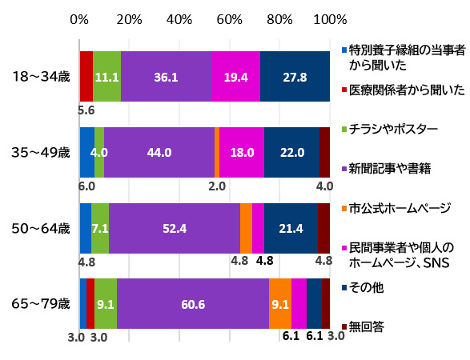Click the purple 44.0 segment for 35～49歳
click(159, 151)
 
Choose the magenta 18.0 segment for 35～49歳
click(242, 151)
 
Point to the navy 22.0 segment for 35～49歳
click(291, 151)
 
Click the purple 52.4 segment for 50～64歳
click(174, 228)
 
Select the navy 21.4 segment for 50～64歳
click(291, 228)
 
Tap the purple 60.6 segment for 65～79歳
click(192, 303)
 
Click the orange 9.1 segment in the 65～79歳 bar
click(279, 303)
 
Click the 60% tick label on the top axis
click(230, 18)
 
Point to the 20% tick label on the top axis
click(130, 18)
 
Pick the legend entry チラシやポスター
click(390, 128)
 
